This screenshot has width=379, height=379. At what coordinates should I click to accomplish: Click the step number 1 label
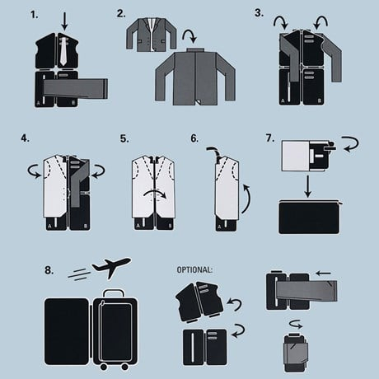pos(34,15)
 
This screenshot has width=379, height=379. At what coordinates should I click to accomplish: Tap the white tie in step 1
pos(63,52)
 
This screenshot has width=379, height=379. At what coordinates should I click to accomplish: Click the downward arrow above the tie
pos(64,21)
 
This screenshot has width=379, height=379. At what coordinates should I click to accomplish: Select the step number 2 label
pos(121,13)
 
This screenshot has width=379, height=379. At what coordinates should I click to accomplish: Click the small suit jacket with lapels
pos(151,35)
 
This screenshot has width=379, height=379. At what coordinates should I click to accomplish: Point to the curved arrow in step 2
pos(190,36)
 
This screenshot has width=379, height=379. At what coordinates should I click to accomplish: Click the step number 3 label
pos(259,13)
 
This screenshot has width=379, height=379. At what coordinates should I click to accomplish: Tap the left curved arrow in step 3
pos(281,22)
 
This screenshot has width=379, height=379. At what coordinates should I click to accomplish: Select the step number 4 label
pos(25,138)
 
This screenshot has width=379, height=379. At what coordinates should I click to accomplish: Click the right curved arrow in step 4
pos(98,171)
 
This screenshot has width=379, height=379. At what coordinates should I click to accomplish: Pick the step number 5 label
pos(124,138)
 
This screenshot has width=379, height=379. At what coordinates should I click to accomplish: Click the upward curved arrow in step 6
pos(247,199)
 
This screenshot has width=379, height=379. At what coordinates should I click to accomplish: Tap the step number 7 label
pos(270,138)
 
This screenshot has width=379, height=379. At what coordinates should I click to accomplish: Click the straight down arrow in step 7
pos(308,186)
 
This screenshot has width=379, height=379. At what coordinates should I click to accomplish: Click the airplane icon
pos(111,267)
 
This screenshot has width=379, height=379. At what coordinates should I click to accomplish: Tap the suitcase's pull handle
pos(114,292)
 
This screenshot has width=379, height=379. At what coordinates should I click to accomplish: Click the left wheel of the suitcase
pos(104,367)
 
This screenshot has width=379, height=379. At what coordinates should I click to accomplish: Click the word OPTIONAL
pos(194,269)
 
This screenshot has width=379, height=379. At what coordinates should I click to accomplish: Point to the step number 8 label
pos(49,270)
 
